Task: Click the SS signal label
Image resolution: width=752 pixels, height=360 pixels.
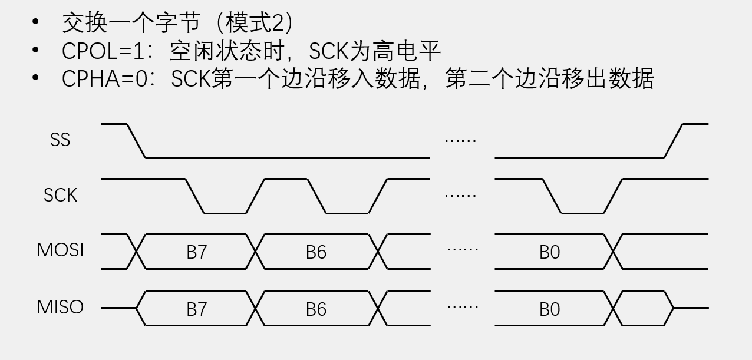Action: [60, 140]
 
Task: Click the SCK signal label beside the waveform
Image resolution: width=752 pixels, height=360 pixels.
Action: [60, 195]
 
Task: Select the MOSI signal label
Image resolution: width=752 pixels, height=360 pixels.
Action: [60, 250]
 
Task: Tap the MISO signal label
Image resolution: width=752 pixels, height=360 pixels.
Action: [60, 307]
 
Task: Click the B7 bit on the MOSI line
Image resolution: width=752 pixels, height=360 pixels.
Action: [197, 252]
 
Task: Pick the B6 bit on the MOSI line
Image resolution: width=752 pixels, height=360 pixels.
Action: [316, 252]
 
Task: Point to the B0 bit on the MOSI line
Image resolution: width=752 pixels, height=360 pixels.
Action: [549, 252]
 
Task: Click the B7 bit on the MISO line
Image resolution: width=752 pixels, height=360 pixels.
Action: [197, 309]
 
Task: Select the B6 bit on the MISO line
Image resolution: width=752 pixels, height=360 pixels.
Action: [316, 309]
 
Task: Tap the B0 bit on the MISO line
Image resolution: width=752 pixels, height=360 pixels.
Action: [549, 309]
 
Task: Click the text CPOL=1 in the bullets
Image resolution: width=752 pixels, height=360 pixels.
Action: [103, 52]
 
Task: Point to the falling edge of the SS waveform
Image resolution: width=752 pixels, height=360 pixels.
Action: [136, 141]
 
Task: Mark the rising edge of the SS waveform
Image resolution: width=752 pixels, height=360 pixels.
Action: [673, 141]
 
